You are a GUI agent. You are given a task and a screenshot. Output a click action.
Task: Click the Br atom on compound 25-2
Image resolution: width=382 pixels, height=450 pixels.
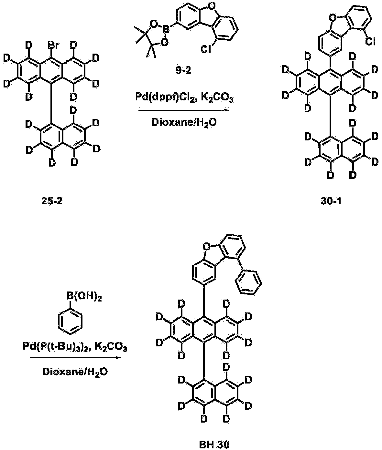coord(53,46)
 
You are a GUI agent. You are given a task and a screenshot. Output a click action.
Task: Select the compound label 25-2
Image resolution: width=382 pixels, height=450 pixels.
coord(52,201)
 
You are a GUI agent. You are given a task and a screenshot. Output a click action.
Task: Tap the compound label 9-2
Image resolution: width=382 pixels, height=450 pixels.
coord(183,70)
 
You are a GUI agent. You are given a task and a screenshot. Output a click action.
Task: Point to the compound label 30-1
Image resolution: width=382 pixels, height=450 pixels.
coord(331,201)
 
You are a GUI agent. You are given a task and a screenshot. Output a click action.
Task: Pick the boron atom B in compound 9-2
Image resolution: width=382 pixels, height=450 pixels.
coord(167,30)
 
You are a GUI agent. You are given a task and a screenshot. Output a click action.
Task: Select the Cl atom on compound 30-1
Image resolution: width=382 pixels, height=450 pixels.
coord(370,41)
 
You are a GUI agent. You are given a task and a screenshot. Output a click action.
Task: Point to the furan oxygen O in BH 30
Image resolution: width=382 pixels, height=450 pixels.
coord(205,247)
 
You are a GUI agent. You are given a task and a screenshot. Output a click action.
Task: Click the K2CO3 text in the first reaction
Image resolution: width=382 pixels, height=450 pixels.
coord(217,98)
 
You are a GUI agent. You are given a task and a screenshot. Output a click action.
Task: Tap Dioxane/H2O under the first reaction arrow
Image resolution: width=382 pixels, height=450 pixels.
coord(184,123)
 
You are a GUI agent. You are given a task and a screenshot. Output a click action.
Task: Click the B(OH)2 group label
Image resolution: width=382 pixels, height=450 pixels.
coord(84,296)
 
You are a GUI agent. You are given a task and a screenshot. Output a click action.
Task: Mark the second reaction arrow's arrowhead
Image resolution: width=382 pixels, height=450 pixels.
coord(119,358)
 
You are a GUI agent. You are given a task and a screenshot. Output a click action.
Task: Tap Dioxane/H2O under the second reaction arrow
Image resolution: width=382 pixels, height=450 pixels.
coord(75,372)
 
